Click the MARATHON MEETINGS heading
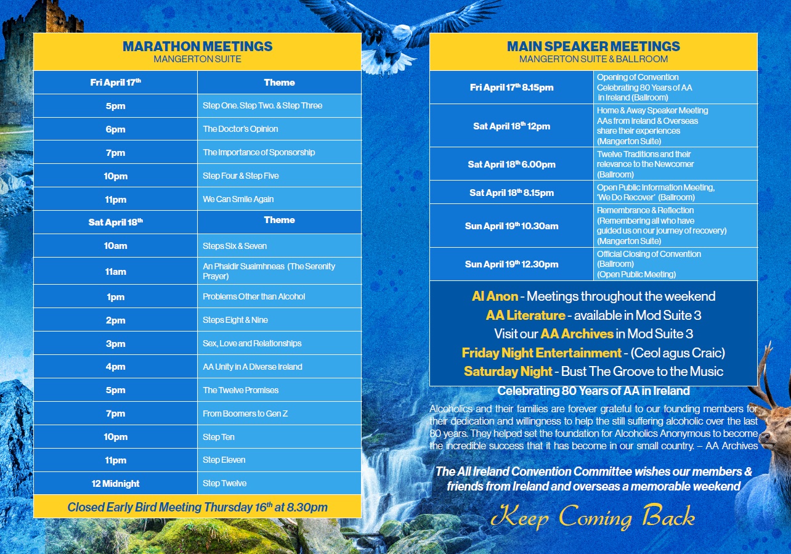tap(197, 47)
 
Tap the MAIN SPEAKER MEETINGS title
tap(593, 47)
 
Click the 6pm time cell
tap(115, 129)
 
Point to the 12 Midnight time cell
tap(115, 484)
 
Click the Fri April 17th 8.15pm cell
tap(511, 88)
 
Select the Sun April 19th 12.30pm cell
tap(511, 264)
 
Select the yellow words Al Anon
tap(495, 296)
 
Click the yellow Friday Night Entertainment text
tap(542, 353)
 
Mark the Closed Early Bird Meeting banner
tap(197, 507)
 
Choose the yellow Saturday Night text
tap(508, 372)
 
